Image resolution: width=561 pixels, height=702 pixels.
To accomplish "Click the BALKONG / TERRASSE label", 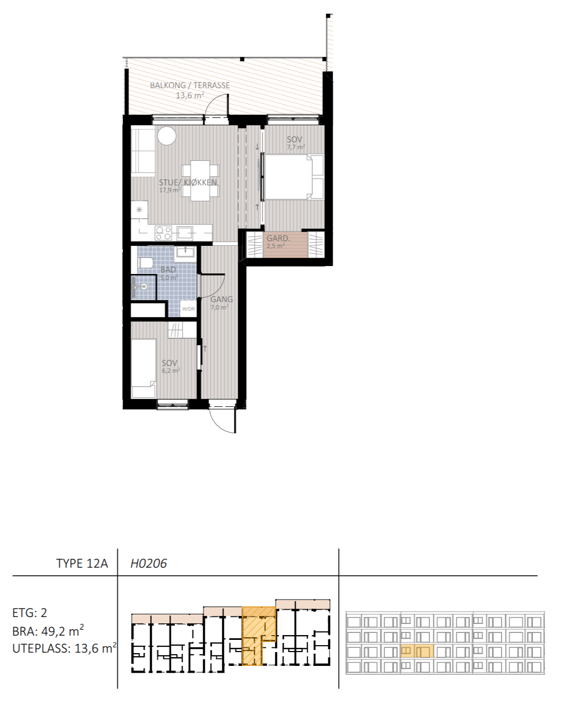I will [x=190, y=85].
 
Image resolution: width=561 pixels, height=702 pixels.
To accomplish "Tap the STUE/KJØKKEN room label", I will [x=188, y=182].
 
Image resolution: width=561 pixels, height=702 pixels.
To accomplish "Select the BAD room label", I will [x=168, y=270].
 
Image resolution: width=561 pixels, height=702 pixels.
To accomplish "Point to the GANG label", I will [x=222, y=299].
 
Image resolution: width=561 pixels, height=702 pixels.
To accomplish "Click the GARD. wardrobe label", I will [x=278, y=238].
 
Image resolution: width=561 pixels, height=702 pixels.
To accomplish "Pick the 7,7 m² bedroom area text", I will [x=295, y=147].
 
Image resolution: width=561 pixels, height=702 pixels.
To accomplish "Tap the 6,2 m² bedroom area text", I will [x=171, y=371].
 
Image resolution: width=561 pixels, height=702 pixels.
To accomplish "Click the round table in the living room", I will [x=166, y=136].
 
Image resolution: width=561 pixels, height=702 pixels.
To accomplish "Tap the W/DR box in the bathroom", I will [x=188, y=309].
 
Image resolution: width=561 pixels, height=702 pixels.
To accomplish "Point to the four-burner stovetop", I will [x=163, y=233].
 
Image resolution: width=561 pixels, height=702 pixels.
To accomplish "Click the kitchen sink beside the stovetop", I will [x=185, y=233].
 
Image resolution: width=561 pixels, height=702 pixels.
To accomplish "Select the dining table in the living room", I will [x=200, y=180].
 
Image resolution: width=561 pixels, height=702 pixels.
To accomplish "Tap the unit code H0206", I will [x=148, y=563].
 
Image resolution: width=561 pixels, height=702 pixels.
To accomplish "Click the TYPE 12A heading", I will [x=82, y=563].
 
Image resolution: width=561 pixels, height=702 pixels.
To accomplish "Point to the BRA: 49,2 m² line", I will [x=48, y=631].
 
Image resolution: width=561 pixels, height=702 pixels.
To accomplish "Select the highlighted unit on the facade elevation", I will [x=417, y=651].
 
